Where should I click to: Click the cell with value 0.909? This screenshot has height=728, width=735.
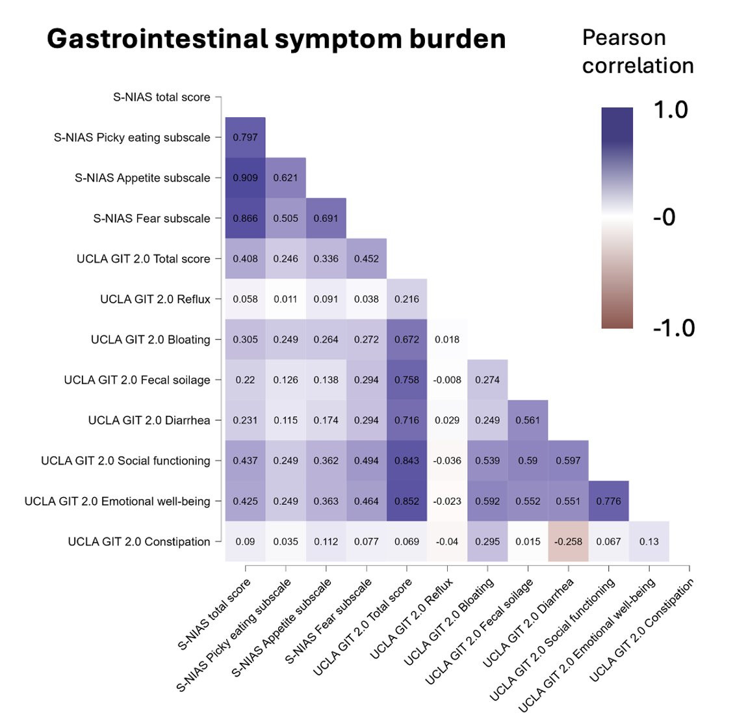(x=245, y=178)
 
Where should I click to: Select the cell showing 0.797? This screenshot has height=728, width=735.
(x=245, y=137)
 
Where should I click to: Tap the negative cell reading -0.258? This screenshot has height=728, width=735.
(x=568, y=542)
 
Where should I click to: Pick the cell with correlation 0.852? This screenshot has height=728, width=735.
(x=407, y=502)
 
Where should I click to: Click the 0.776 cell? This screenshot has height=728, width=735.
(x=608, y=502)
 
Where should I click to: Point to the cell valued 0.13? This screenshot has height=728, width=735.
(x=649, y=542)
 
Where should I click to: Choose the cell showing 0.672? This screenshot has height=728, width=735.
(x=407, y=340)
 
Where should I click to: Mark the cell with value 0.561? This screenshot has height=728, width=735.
(x=528, y=420)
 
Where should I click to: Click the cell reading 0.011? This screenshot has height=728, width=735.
(x=285, y=299)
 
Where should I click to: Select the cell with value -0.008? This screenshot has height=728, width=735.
(x=447, y=380)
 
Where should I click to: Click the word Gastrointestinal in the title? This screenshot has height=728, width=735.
(x=158, y=38)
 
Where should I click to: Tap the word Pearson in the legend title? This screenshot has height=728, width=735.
(x=624, y=38)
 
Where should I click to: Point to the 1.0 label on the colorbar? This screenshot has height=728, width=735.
(x=671, y=110)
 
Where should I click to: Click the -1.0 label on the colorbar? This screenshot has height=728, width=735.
(x=674, y=328)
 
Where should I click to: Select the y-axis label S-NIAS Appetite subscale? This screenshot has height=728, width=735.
(x=142, y=178)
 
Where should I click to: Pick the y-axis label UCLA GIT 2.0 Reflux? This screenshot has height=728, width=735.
(x=155, y=299)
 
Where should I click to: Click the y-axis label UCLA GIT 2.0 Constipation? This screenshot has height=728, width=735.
(x=139, y=542)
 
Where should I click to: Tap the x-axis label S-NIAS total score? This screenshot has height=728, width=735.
(x=214, y=614)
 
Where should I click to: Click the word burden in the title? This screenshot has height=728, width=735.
(x=458, y=38)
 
